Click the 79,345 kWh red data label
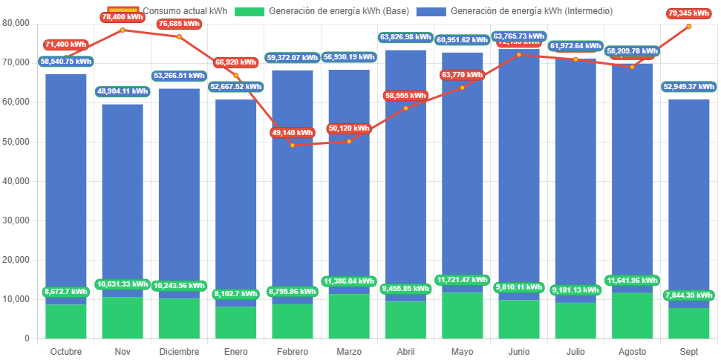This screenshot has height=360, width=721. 689,13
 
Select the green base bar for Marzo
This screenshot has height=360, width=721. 349,316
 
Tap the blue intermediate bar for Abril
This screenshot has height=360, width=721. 405,178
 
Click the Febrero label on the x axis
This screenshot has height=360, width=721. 293,351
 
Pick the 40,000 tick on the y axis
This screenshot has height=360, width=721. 16,180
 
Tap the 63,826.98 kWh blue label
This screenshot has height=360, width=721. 405,37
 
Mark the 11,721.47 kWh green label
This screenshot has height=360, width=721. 462,280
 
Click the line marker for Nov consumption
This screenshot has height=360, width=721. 123,30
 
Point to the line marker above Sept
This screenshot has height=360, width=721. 689,26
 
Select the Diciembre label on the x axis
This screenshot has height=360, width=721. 179,351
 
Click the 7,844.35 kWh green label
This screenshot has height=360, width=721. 689,295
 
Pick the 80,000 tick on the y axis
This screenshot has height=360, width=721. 16,23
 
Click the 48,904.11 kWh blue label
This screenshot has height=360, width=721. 123,91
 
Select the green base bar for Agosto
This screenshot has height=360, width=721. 632,315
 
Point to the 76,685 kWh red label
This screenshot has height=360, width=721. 179,24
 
